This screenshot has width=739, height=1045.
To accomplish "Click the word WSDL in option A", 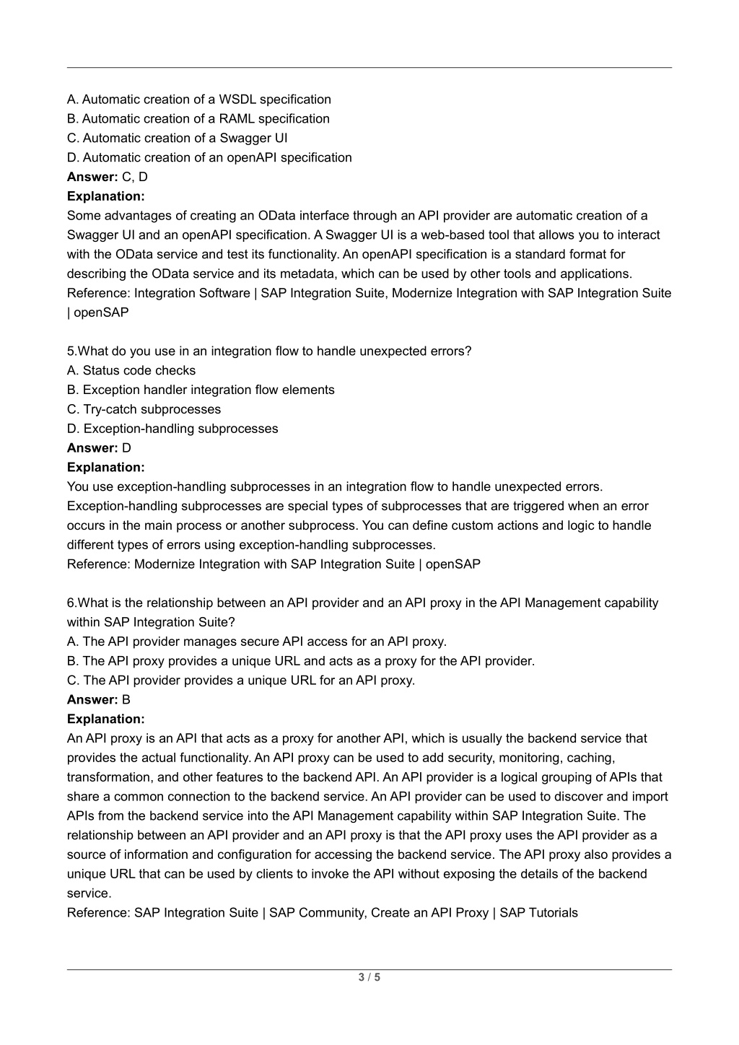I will click(237, 100).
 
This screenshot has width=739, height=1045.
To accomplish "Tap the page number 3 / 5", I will click(369, 979).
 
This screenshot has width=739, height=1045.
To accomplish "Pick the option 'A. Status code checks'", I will click(131, 371).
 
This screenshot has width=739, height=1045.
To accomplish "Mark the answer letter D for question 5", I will click(127, 448).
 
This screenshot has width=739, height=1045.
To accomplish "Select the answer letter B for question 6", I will click(126, 700).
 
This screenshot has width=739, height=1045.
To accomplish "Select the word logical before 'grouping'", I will click(551, 777).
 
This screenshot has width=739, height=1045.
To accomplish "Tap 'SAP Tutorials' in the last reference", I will click(538, 913).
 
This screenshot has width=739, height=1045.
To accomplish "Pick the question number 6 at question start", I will click(71, 603).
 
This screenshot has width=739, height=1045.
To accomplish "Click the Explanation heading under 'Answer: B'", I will click(106, 720).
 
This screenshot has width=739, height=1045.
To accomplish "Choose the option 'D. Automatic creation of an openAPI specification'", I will click(209, 158).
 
